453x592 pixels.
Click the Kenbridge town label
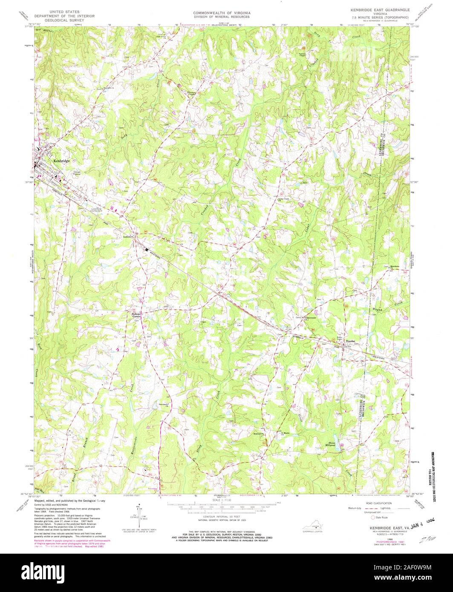[x=61, y=161]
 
